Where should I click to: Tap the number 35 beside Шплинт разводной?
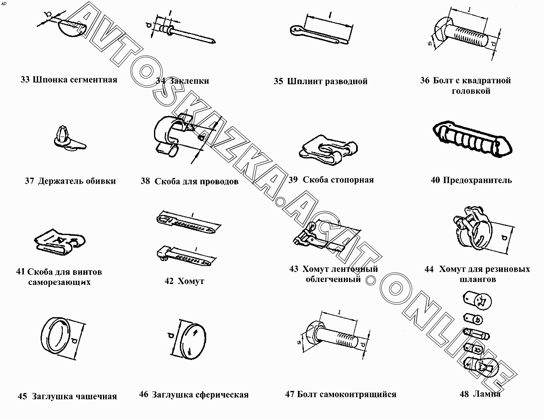(x=278, y=81)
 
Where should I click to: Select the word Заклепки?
(x=189, y=81)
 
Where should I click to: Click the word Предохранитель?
(x=477, y=180)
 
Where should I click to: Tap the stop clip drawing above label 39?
(x=328, y=150)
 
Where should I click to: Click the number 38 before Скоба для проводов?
(x=145, y=181)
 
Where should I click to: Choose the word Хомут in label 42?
(x=191, y=281)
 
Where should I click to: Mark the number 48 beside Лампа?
(x=464, y=394)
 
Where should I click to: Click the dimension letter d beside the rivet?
(x=149, y=25)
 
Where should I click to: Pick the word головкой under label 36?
(x=471, y=91)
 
